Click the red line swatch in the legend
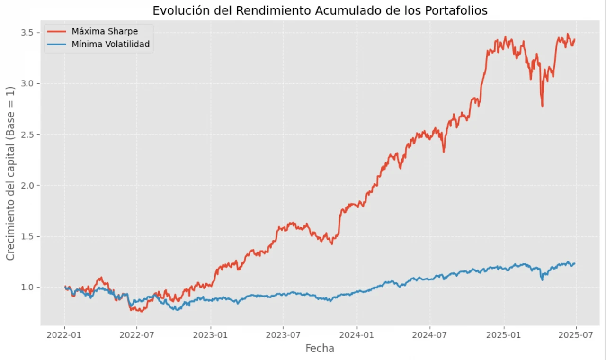57,32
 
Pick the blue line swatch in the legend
57,45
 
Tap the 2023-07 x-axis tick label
283,335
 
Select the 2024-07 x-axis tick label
430,335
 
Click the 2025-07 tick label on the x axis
576,335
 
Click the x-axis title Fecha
320,349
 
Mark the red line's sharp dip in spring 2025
542,105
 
